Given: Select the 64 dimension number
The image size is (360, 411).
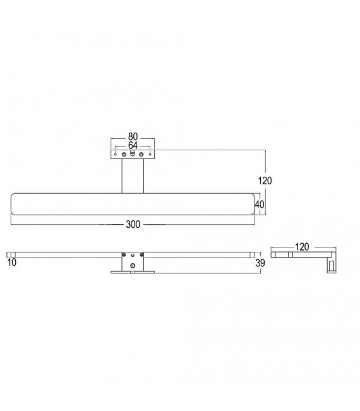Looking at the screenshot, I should pyautogui.click(x=133, y=145).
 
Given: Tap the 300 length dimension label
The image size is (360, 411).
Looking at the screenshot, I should pyautogui.click(x=133, y=224).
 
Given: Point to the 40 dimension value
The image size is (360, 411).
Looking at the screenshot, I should pyautogui.click(x=258, y=204).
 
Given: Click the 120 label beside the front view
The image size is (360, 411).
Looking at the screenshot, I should pyautogui.click(x=265, y=181).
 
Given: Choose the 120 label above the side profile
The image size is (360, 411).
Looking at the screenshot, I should pyautogui.click(x=302, y=247).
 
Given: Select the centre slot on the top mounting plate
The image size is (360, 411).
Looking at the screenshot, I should pyautogui.click(x=133, y=153).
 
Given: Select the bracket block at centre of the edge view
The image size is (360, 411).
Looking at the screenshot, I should pyautogui.click(x=132, y=260).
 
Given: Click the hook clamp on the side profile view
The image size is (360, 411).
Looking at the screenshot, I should pyautogui.click(x=330, y=265).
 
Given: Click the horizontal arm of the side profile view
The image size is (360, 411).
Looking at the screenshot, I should pyautogui.click(x=297, y=255).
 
